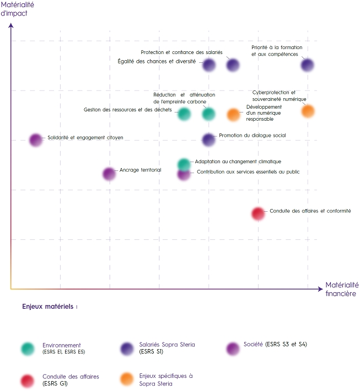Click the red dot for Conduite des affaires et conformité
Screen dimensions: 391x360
[x=258, y=214]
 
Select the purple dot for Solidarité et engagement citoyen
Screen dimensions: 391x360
[x=36, y=140]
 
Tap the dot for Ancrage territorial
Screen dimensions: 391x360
[x=110, y=174]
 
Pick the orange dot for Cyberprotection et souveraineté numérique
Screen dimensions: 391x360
[x=308, y=111]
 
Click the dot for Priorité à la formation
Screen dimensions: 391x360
[x=308, y=65]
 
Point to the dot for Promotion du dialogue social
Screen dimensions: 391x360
[x=208, y=140]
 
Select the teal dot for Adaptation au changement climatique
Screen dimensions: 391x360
[x=184, y=164]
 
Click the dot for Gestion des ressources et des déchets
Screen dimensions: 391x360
[x=184, y=114]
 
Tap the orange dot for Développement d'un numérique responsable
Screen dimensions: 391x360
[x=233, y=114]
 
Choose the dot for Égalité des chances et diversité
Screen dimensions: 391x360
[x=209, y=65]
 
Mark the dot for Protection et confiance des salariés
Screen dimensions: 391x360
[x=233, y=65]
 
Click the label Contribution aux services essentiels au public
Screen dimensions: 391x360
[x=248, y=172]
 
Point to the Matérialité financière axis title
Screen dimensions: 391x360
[x=341, y=289]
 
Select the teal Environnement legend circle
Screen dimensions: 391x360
[x=27, y=348]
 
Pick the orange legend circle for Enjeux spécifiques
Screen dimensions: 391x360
[x=127, y=379]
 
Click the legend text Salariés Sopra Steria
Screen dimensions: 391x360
[x=168, y=345]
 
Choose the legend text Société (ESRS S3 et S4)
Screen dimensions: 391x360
[x=275, y=345]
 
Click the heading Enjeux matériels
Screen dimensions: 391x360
[x=50, y=306]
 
